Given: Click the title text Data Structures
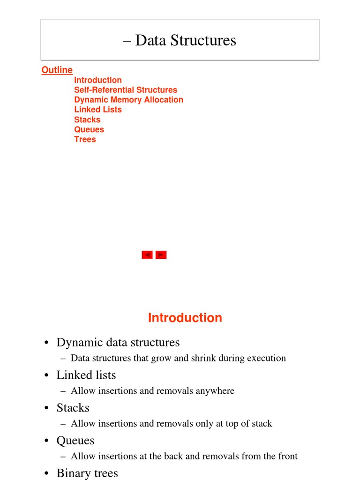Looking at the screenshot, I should click(x=186, y=40).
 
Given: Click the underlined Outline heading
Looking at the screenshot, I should click(x=57, y=70).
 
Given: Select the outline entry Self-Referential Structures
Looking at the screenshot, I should click(x=126, y=90).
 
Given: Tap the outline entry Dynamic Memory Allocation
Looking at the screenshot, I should click(x=128, y=100).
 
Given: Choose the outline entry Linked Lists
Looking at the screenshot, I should click(x=97, y=110).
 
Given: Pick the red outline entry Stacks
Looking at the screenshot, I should click(x=87, y=120).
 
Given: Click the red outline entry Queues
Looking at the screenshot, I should click(x=89, y=129).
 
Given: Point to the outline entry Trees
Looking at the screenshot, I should click(x=84, y=139).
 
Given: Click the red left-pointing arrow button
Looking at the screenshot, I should click(x=147, y=255).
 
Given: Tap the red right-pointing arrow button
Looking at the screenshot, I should click(x=161, y=255).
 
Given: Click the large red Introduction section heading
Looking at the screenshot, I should click(x=185, y=318).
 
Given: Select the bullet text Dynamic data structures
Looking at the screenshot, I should click(x=118, y=343).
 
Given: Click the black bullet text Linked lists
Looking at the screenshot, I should click(x=86, y=375).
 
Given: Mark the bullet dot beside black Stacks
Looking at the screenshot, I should click(x=47, y=408).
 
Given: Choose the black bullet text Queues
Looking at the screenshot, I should click(x=75, y=441).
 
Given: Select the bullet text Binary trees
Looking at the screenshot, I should click(x=87, y=473).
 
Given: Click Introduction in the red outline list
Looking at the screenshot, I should click(x=97, y=80).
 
